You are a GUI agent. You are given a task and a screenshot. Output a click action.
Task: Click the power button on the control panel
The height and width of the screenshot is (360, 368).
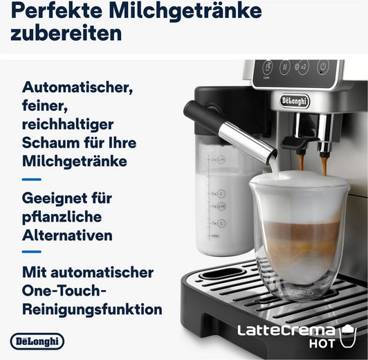pos(322,68)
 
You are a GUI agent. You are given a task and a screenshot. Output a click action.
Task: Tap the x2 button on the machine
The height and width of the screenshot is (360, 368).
pos(302,68)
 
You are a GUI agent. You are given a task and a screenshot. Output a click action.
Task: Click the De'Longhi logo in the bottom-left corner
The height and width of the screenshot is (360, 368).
pos(38,341)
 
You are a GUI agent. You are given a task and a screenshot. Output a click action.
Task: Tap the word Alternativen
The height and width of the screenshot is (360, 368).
pos(67,235)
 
